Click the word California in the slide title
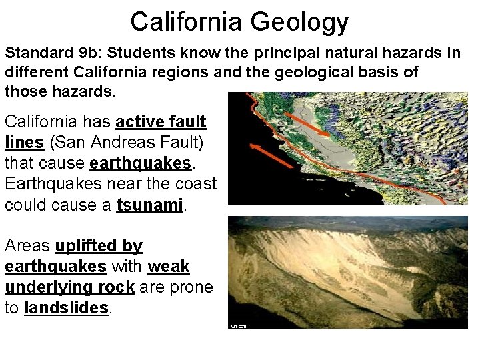click(188, 21)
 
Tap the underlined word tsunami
click(150, 205)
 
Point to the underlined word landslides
click(67, 308)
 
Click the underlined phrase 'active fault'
click(161, 122)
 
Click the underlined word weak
click(168, 267)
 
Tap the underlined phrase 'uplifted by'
click(99, 246)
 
